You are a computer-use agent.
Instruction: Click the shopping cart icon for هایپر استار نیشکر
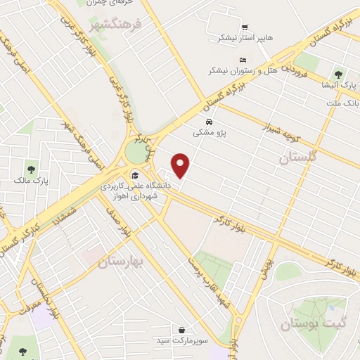pyautogui.click(x=245, y=28)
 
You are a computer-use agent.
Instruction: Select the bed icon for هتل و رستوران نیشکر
pyautogui.click(x=243, y=60)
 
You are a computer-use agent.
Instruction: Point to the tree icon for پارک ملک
pyautogui.click(x=31, y=169)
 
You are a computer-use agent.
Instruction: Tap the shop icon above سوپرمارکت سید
pyautogui.click(x=182, y=329)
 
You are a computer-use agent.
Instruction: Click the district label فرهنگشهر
pyautogui.click(x=116, y=26)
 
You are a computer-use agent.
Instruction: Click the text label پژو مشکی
pyautogui.click(x=210, y=131)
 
